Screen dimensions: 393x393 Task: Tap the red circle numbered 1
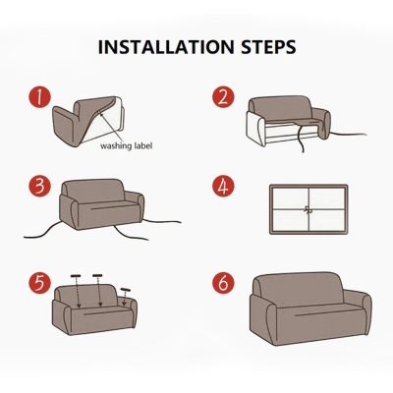37,97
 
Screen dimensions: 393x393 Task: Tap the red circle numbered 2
223,97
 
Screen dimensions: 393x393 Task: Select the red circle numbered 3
37,187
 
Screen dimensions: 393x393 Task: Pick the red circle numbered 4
223,187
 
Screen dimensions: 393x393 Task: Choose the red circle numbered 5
37,283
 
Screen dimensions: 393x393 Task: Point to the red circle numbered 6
223,283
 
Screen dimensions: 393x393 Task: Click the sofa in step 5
98,309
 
